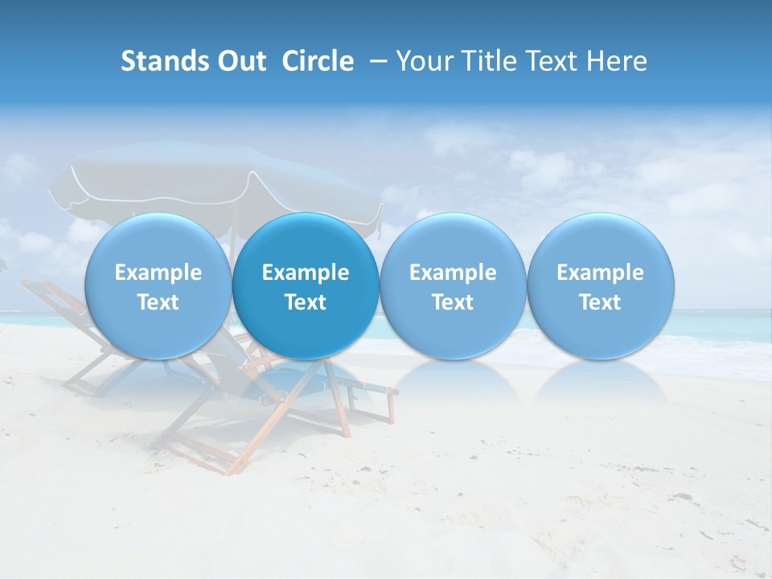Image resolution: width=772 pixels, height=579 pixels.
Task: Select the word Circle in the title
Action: point(318,62)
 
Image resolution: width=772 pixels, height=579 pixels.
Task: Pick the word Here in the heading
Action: point(616,62)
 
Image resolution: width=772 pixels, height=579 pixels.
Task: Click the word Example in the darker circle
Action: point(306,273)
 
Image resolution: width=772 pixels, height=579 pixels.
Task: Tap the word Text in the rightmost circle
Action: point(601,302)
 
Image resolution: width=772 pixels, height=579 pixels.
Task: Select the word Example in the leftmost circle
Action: point(158,273)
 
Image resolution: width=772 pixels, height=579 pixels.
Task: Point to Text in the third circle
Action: point(453,302)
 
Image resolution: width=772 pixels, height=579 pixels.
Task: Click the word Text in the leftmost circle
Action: point(158,302)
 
